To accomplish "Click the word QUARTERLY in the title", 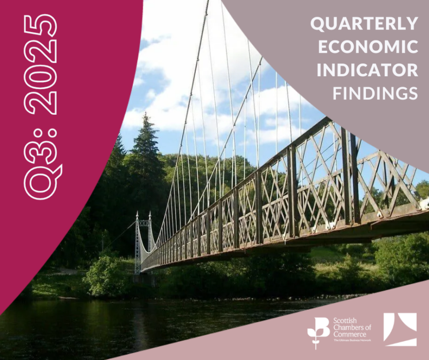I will (365, 23).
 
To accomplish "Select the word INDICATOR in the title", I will (368, 69).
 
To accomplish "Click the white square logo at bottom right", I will (400, 329).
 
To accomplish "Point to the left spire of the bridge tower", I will (137, 217).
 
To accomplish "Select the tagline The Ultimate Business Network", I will (352, 340).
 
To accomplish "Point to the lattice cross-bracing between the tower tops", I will (144, 223).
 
